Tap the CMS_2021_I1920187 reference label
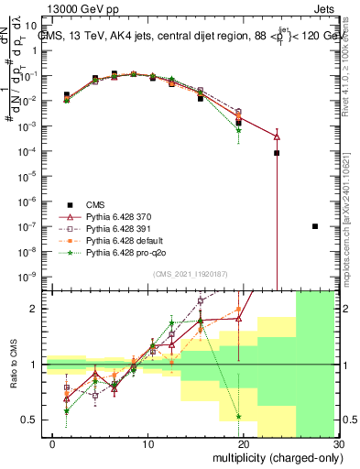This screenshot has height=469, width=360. pos(188,273)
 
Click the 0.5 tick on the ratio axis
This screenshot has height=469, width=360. pos(39,420)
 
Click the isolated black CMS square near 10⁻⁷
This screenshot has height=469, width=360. pos(315,226)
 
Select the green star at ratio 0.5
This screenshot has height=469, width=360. pos(238,417)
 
